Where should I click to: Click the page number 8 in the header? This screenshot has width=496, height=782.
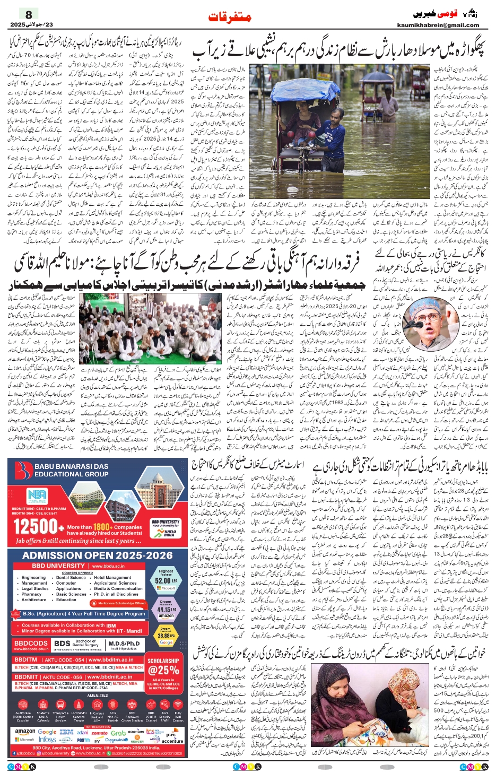coord(29,14)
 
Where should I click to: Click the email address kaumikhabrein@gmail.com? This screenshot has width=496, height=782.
coord(438,25)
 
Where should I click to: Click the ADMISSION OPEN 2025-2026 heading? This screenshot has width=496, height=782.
coord(98,555)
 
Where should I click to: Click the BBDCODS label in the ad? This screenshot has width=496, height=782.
coord(31,644)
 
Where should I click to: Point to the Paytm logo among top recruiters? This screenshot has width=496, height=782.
coord(83,740)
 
